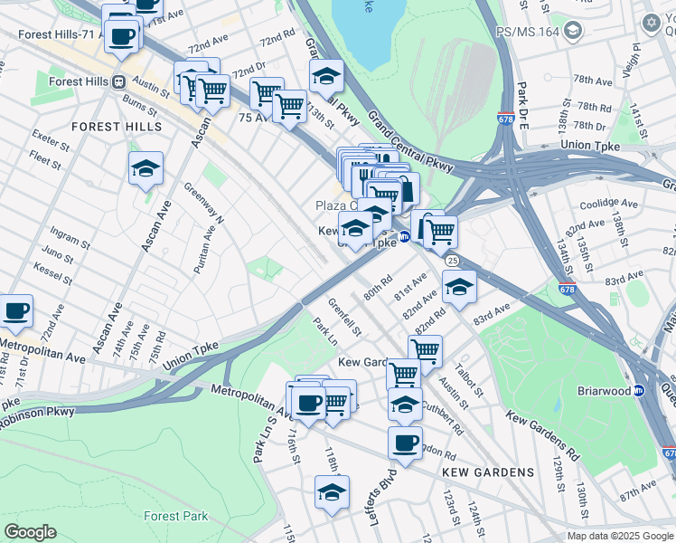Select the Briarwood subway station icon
(638, 391)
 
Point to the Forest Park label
(175, 517)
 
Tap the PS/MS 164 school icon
(571, 32)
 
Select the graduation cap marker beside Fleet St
(146, 168)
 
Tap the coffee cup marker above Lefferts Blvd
(405, 443)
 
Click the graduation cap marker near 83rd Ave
(459, 287)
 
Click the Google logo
(30, 532)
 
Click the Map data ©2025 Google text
(619, 536)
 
